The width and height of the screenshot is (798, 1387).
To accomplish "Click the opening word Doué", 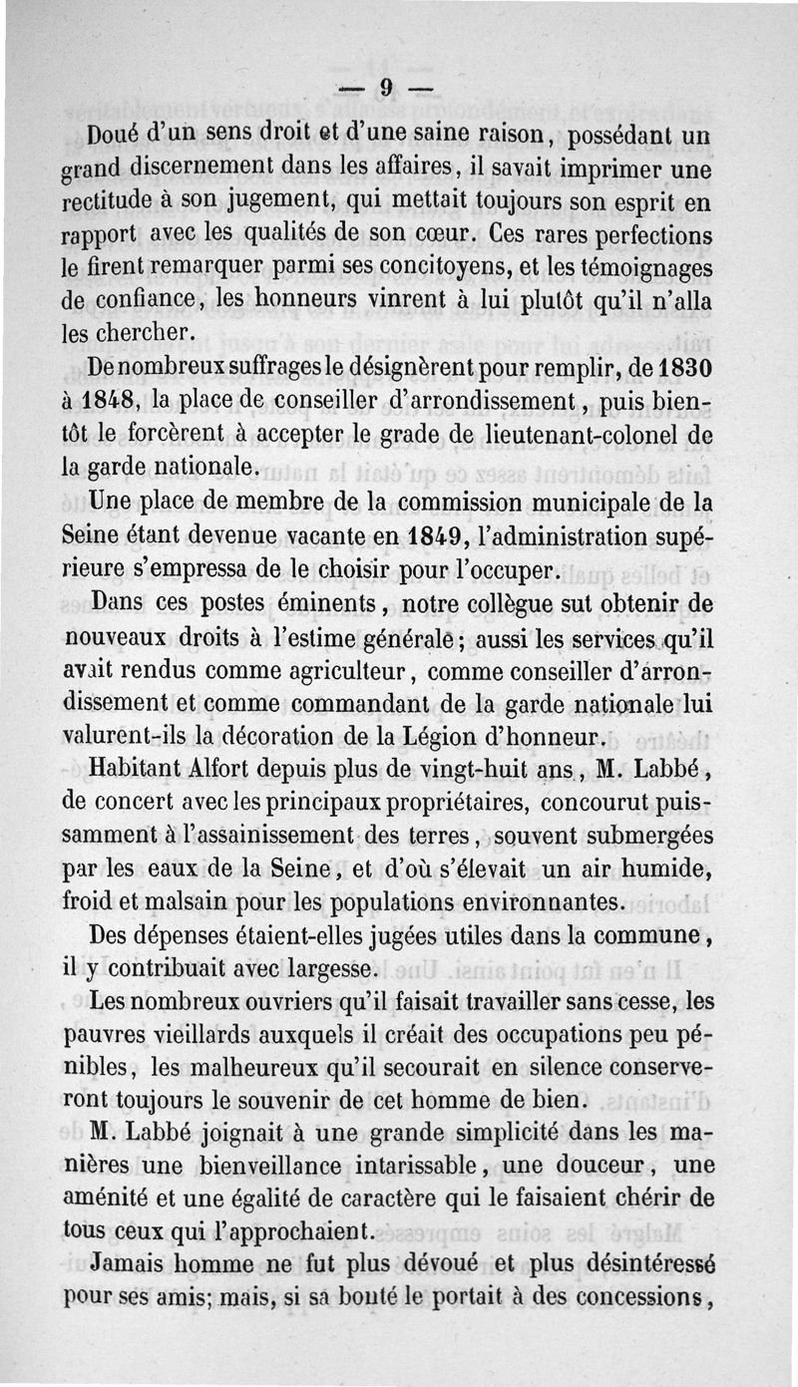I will tap(124, 133).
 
